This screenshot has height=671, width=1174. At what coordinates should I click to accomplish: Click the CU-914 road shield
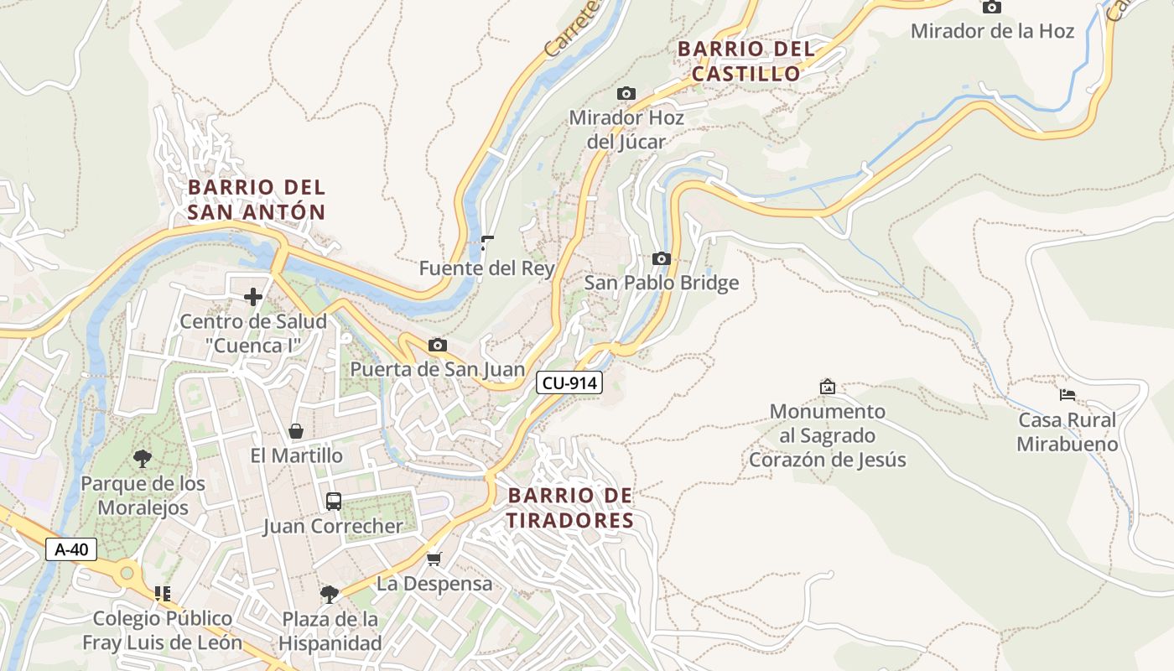[569, 383]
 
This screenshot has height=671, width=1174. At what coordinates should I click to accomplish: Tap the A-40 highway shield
[71, 550]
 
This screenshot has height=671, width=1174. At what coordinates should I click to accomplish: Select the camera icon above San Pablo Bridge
[662, 258]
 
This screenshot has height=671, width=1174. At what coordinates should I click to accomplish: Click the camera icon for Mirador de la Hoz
[992, 7]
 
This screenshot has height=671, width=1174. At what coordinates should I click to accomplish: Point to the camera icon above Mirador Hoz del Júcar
[626, 93]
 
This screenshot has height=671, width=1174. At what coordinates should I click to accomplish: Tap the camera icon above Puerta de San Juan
[437, 345]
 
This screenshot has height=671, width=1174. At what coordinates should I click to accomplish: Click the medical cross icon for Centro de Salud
[253, 297]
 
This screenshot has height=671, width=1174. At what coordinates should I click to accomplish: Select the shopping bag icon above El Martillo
[296, 431]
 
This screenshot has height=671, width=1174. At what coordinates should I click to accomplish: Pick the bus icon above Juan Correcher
[333, 502]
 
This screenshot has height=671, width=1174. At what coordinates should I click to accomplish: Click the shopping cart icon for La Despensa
[434, 559]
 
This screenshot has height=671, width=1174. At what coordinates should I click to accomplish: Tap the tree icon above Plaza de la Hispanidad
[330, 594]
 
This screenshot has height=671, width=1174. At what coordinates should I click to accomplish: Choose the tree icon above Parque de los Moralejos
[143, 458]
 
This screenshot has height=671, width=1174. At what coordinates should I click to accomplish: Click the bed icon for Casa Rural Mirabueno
[1067, 394]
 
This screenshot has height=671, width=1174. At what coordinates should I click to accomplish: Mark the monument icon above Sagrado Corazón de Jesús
[828, 387]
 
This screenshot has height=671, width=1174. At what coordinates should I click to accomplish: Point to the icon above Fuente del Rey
[486, 244]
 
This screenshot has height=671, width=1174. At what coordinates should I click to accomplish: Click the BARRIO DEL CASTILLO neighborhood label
[745, 61]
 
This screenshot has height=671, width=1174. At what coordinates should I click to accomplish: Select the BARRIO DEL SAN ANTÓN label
[256, 200]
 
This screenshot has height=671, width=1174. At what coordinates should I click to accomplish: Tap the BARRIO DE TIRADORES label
[570, 508]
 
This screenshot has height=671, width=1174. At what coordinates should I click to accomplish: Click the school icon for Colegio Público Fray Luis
[163, 594]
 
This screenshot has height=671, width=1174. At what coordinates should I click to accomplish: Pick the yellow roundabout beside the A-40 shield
[127, 573]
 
